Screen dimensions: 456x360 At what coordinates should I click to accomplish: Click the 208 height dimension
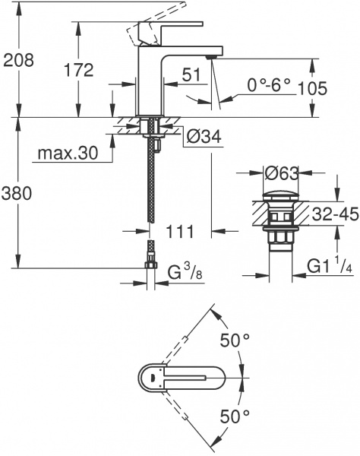pos(19,60)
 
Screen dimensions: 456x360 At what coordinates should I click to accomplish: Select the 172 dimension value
pos(77,70)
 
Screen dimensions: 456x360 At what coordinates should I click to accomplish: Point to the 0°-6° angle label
pos(258,87)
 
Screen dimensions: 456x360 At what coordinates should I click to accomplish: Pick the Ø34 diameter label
pos(203,138)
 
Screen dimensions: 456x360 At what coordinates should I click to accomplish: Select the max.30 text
pos(67,154)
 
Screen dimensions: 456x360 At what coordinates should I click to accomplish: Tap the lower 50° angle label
pos(235,416)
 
